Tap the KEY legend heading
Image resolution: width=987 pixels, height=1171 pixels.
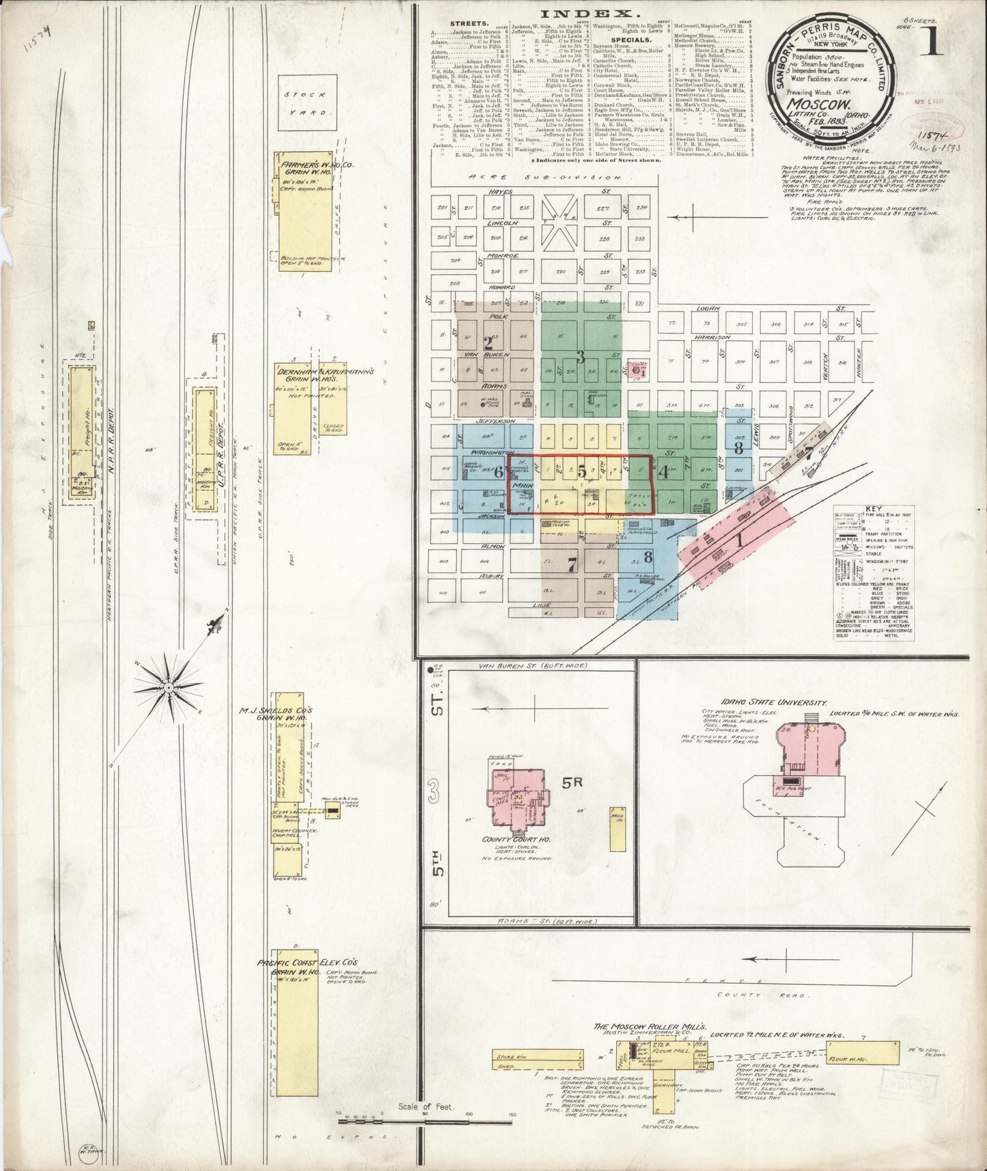(x=874, y=509)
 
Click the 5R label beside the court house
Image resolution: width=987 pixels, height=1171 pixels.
(x=572, y=784)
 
